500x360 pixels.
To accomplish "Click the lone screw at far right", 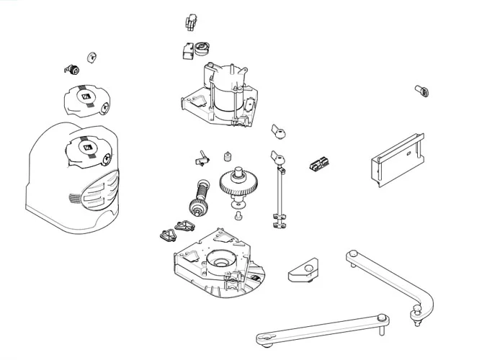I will pos(422,90).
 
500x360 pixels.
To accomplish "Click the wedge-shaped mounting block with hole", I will pos(305,272).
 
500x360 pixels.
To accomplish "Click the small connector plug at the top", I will pos(190,22).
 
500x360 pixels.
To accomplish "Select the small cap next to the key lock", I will pos(91,56).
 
